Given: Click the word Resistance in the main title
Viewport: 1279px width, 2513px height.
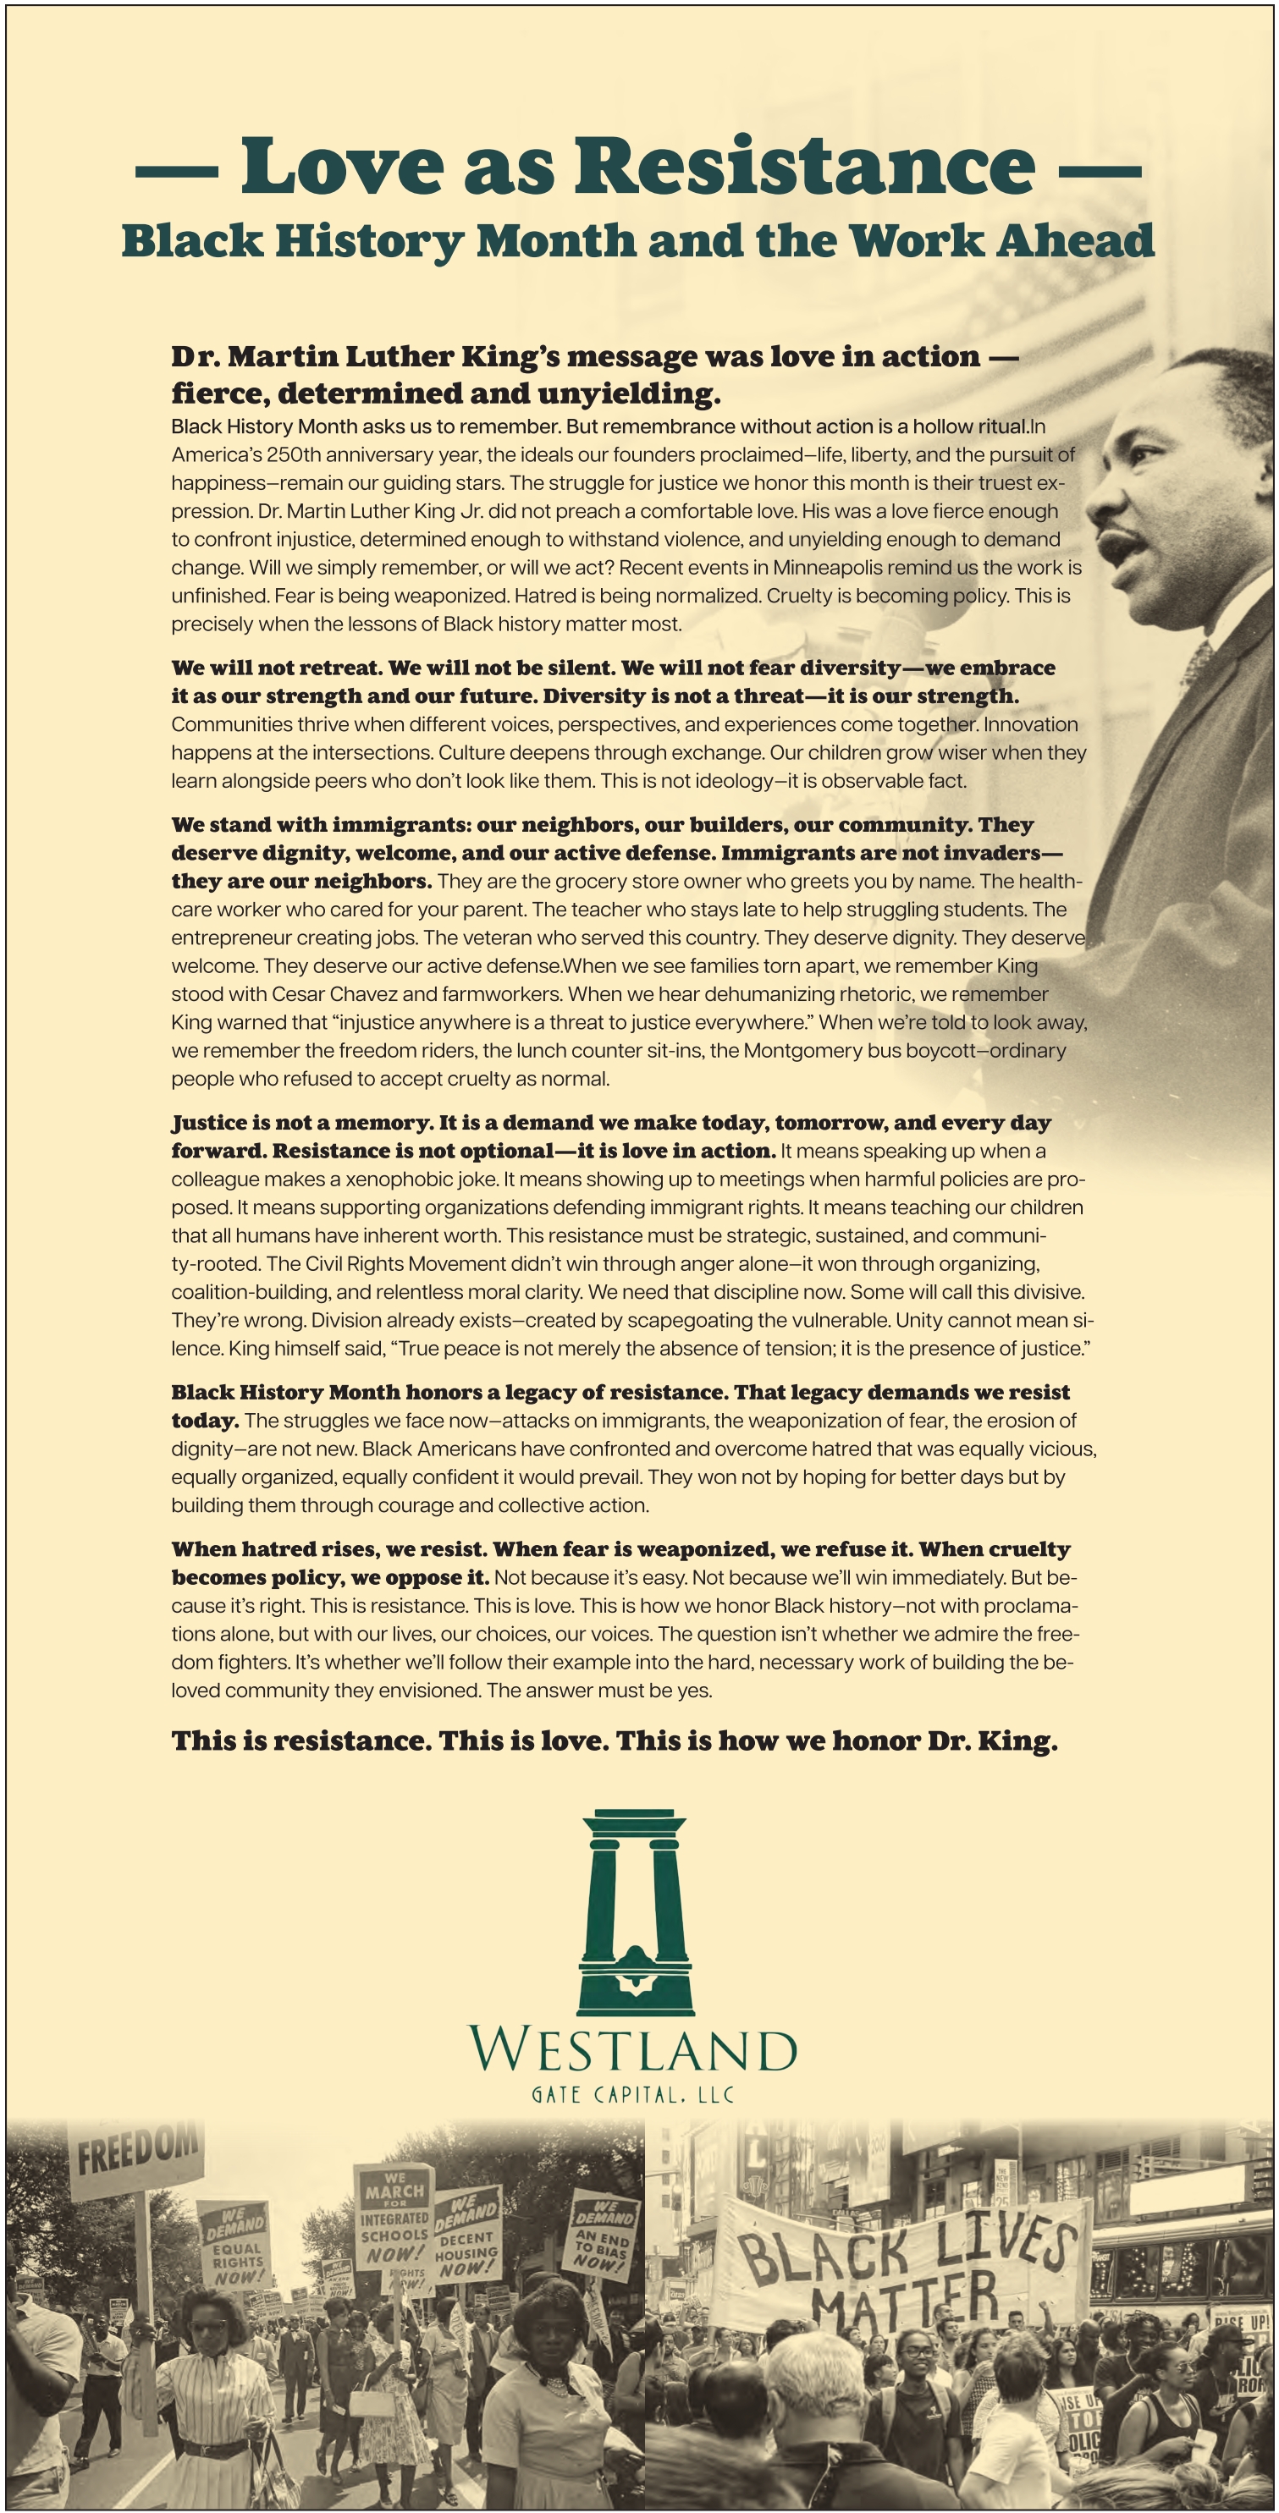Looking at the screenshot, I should tap(804, 166).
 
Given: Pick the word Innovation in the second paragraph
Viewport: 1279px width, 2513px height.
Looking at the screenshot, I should tap(1030, 723).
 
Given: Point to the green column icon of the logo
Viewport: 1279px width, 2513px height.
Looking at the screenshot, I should tap(636, 1912).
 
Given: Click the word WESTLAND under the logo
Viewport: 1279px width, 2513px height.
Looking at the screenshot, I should tap(632, 2048).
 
